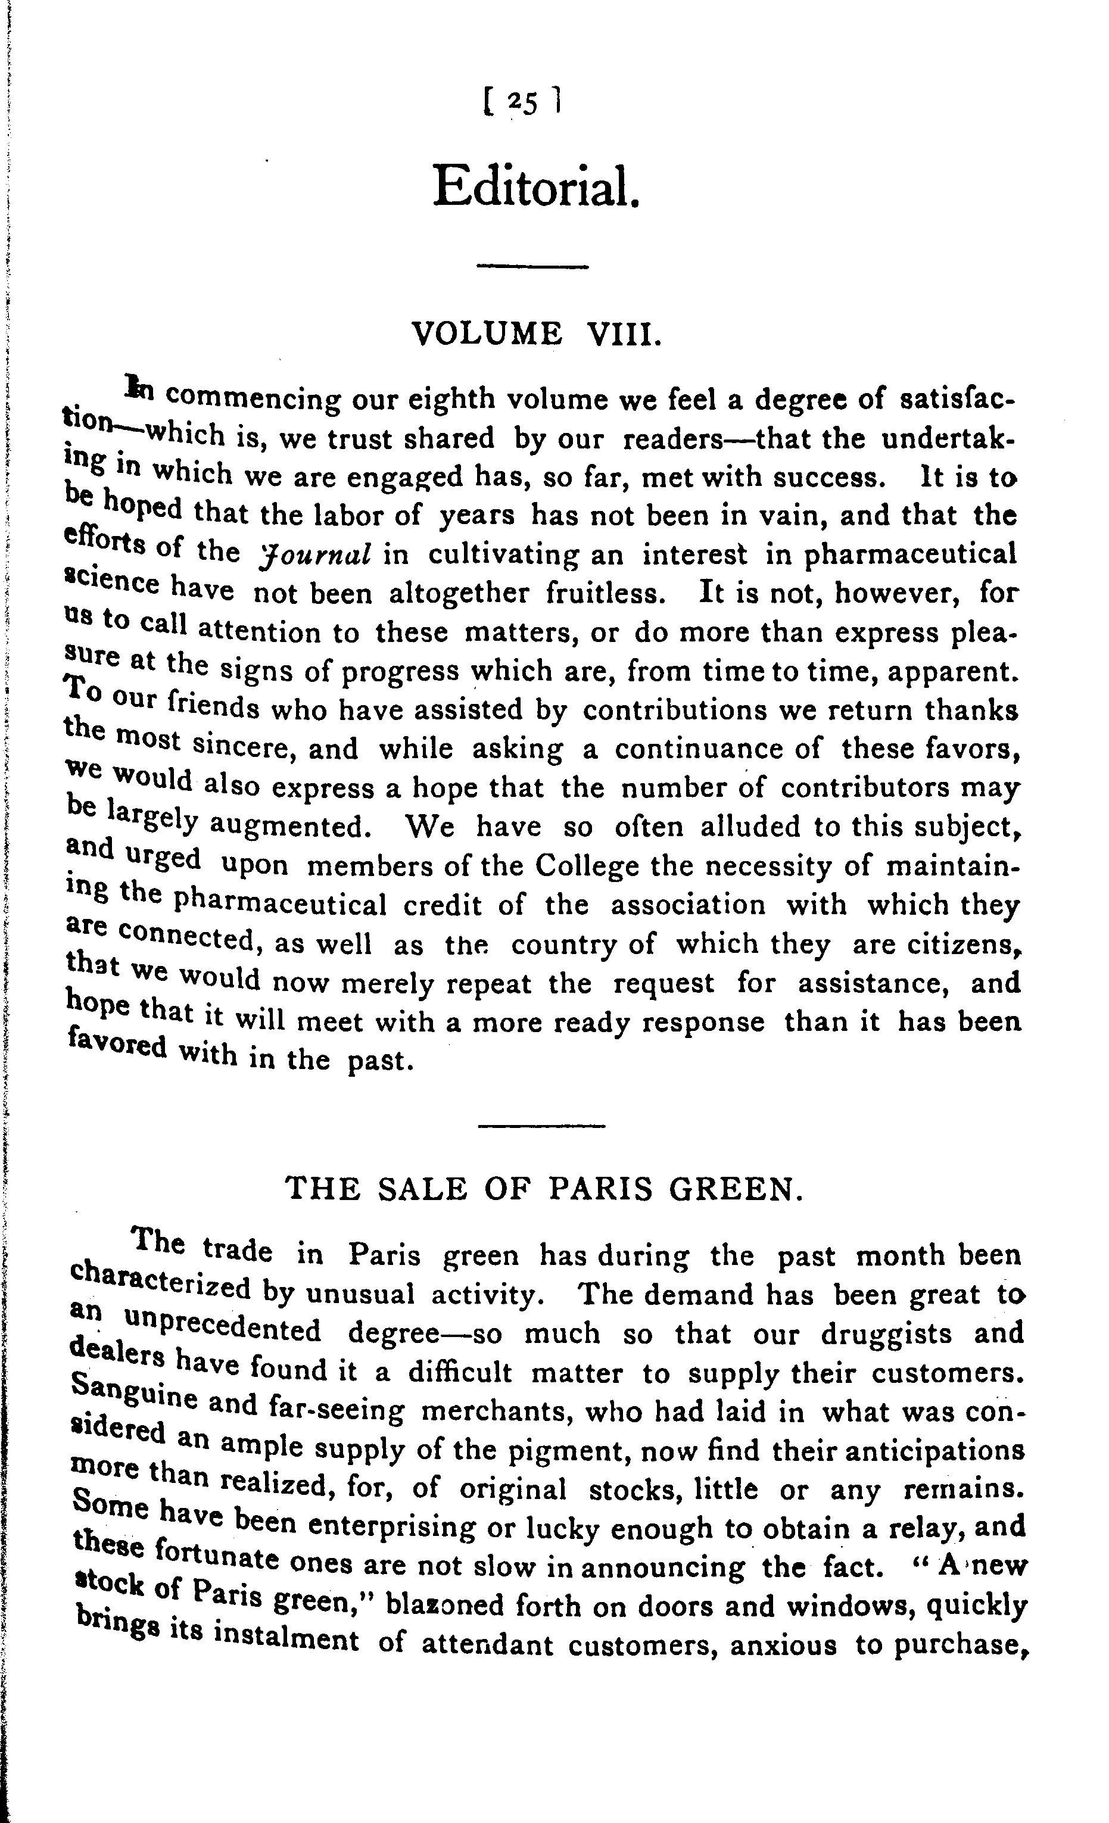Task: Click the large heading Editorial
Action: coord(535,186)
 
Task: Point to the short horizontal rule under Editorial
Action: coord(532,266)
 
